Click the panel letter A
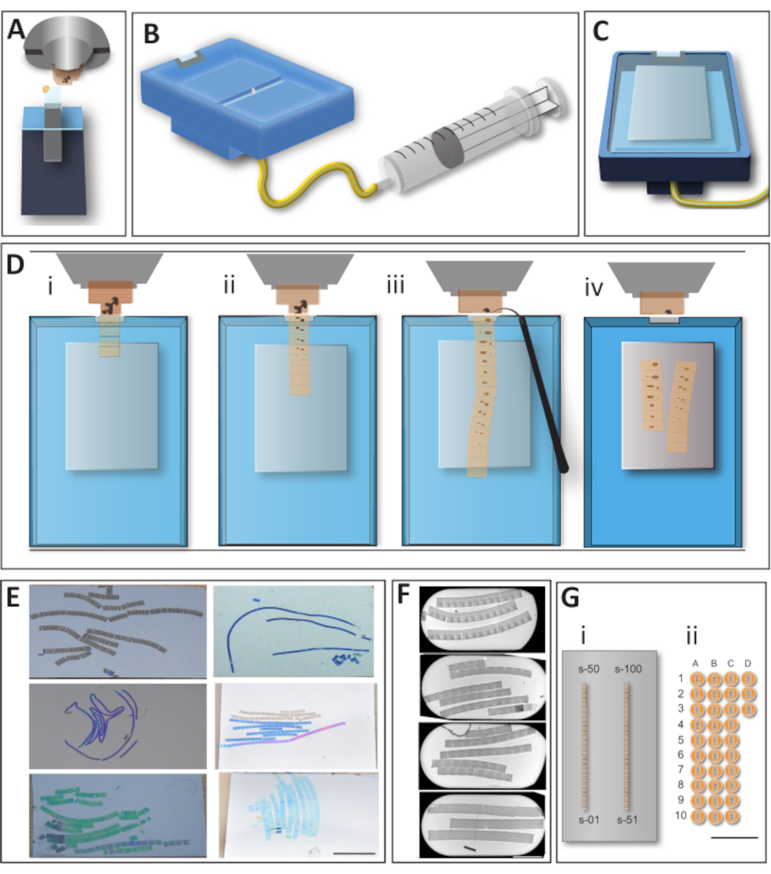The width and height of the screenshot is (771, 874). (x=15, y=29)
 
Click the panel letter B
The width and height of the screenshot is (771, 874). (x=151, y=34)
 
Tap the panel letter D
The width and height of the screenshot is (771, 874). (x=15, y=264)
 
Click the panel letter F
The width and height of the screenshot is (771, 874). (x=404, y=594)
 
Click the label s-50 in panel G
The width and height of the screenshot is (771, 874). (x=589, y=669)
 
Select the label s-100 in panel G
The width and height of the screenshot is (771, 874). (x=628, y=669)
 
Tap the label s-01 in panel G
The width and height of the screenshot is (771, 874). (x=589, y=820)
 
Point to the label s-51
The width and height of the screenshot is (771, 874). (x=628, y=820)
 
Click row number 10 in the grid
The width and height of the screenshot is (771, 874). (x=681, y=815)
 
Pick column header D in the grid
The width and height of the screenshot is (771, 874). (x=748, y=664)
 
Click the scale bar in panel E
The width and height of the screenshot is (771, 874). (x=354, y=853)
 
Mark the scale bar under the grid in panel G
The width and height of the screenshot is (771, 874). (x=735, y=837)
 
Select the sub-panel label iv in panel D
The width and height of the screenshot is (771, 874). (x=594, y=288)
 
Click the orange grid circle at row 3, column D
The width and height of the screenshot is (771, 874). (x=748, y=709)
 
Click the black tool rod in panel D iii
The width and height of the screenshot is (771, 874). (x=545, y=396)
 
